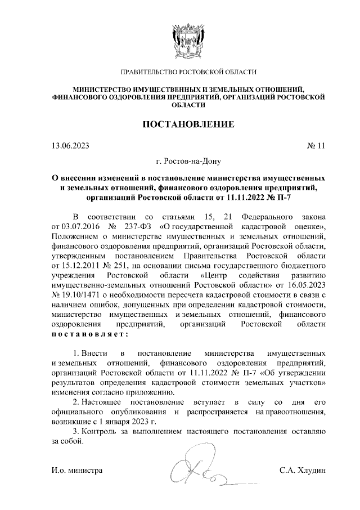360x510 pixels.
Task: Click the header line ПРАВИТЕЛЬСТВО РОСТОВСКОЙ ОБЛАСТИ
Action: (188, 72)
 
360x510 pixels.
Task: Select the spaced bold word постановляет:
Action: (89, 335)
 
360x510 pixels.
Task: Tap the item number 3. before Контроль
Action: (76, 432)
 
